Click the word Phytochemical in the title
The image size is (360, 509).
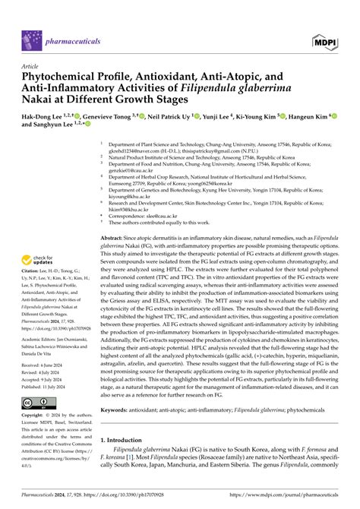pos(60,77)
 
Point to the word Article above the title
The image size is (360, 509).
pos(31,66)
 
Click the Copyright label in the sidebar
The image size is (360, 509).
pos(36,416)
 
